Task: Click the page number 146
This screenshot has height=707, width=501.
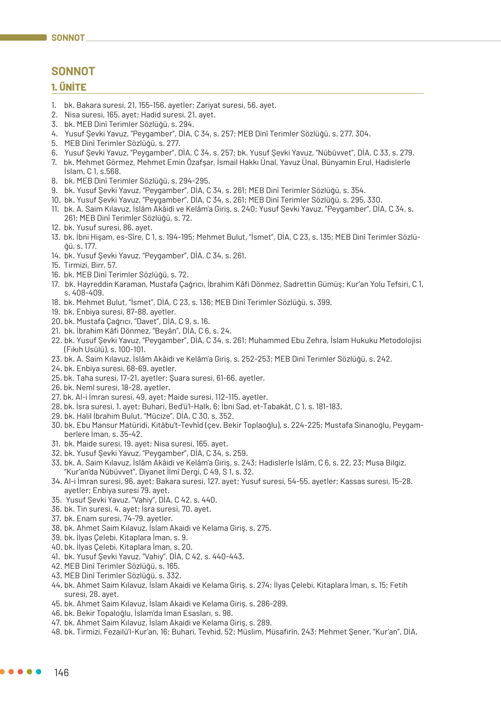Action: click(x=62, y=673)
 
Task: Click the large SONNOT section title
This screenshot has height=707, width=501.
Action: click(x=73, y=72)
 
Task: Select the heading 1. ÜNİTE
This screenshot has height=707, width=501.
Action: click(x=69, y=87)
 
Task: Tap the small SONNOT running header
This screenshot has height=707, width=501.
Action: click(x=68, y=38)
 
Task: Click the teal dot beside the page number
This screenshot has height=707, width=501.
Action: click(x=39, y=672)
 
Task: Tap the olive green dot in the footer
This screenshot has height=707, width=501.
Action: click(x=29, y=672)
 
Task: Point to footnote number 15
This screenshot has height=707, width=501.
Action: click(x=56, y=265)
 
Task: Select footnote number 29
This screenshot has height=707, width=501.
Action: click(x=56, y=416)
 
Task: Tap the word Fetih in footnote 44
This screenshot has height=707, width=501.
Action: click(x=399, y=585)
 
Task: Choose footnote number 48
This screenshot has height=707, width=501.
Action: click(x=56, y=632)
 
